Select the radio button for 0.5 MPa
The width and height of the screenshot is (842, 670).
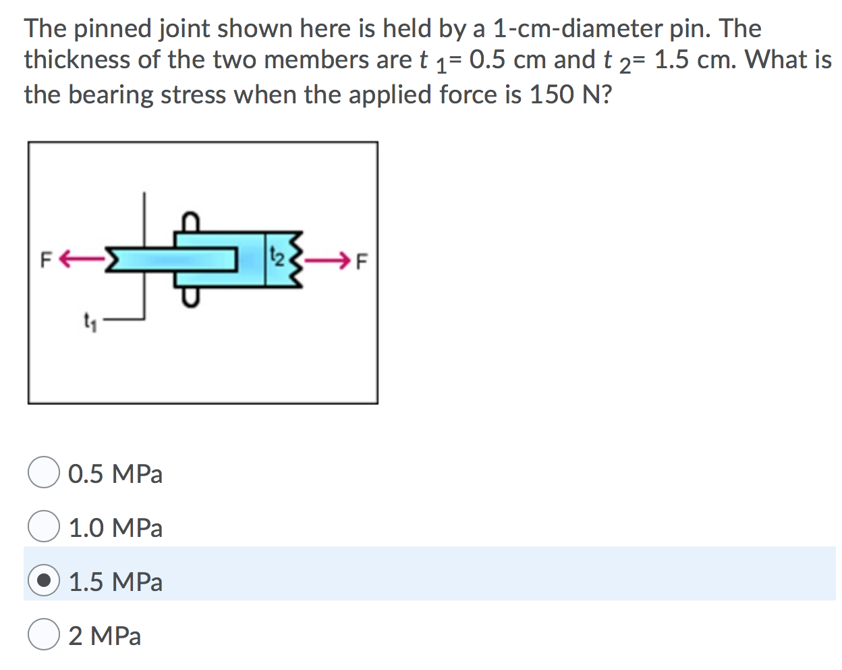pyautogui.click(x=44, y=472)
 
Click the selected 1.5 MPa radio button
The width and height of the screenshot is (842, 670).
pyautogui.click(x=44, y=581)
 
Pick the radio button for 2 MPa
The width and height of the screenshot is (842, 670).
pyautogui.click(x=44, y=635)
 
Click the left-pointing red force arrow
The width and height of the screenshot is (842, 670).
pyautogui.click(x=81, y=258)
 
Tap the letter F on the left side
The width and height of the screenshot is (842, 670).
pyautogui.click(x=46, y=259)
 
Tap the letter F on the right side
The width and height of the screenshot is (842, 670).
pyautogui.click(x=362, y=260)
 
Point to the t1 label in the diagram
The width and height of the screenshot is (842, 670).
pyautogui.click(x=89, y=321)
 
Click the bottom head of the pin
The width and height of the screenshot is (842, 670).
pyautogui.click(x=191, y=297)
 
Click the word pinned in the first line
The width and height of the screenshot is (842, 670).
pyautogui.click(x=113, y=28)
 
